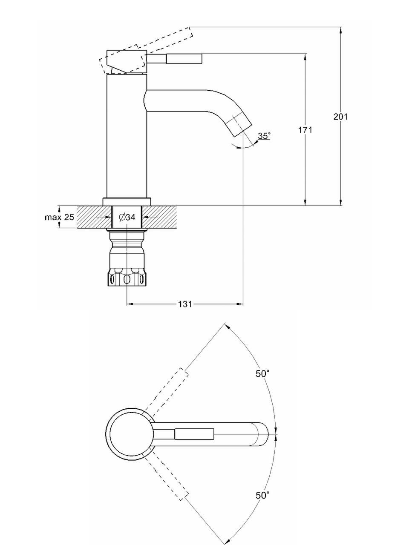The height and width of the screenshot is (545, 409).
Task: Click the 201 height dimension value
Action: pyautogui.click(x=340, y=116)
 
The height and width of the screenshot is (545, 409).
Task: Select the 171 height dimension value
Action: pyautogui.click(x=305, y=129)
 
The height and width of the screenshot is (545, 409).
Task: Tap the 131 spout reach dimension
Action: pyautogui.click(x=185, y=304)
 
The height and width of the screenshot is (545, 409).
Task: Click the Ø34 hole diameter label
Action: pyautogui.click(x=127, y=217)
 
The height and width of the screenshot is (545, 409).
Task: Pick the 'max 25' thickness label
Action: pyautogui.click(x=59, y=217)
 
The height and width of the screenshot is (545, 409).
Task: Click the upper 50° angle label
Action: pyautogui.click(x=262, y=380)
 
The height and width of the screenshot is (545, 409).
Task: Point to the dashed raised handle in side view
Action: pyautogui.click(x=146, y=50)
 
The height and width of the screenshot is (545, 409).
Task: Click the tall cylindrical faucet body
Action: pyautogui.click(x=127, y=136)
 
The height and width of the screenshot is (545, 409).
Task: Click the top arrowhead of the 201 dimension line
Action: pyautogui.click(x=341, y=30)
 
